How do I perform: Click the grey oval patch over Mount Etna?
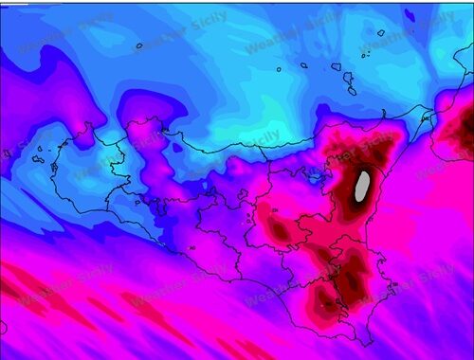362,187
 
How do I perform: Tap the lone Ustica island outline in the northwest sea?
138,45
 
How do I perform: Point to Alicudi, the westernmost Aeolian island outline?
279,68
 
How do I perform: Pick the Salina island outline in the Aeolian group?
337,66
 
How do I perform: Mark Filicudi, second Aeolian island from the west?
304,65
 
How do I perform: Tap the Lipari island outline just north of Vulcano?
349,79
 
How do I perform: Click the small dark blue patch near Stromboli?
409,14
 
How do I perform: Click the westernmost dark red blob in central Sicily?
277,227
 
